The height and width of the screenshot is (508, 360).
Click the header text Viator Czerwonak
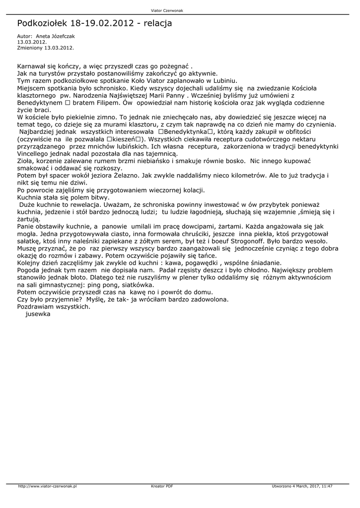[180, 10]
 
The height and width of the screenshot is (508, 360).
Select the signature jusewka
[38, 315]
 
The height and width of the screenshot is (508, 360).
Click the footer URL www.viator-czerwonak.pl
[47, 486]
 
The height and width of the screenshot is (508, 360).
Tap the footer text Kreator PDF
[162, 486]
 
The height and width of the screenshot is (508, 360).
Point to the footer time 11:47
[328, 486]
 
